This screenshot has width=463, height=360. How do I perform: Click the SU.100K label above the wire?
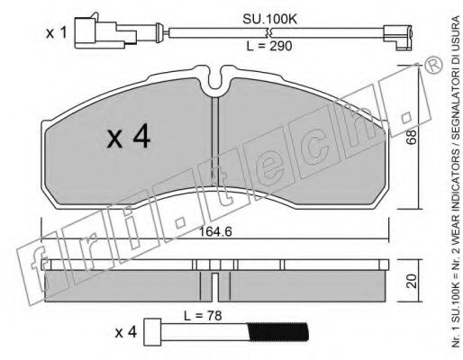[269, 19]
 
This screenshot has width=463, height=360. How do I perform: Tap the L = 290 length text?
[269, 46]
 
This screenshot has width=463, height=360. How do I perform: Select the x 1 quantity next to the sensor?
[56, 32]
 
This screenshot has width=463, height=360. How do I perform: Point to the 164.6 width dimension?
[215, 231]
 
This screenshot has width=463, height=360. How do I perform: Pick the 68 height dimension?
[412, 137]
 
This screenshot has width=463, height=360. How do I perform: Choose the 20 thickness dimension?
[412, 281]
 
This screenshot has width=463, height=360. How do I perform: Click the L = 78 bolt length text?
[203, 315]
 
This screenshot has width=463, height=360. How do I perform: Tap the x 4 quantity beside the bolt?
[126, 332]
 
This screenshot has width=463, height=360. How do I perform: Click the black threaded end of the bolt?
[278, 332]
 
